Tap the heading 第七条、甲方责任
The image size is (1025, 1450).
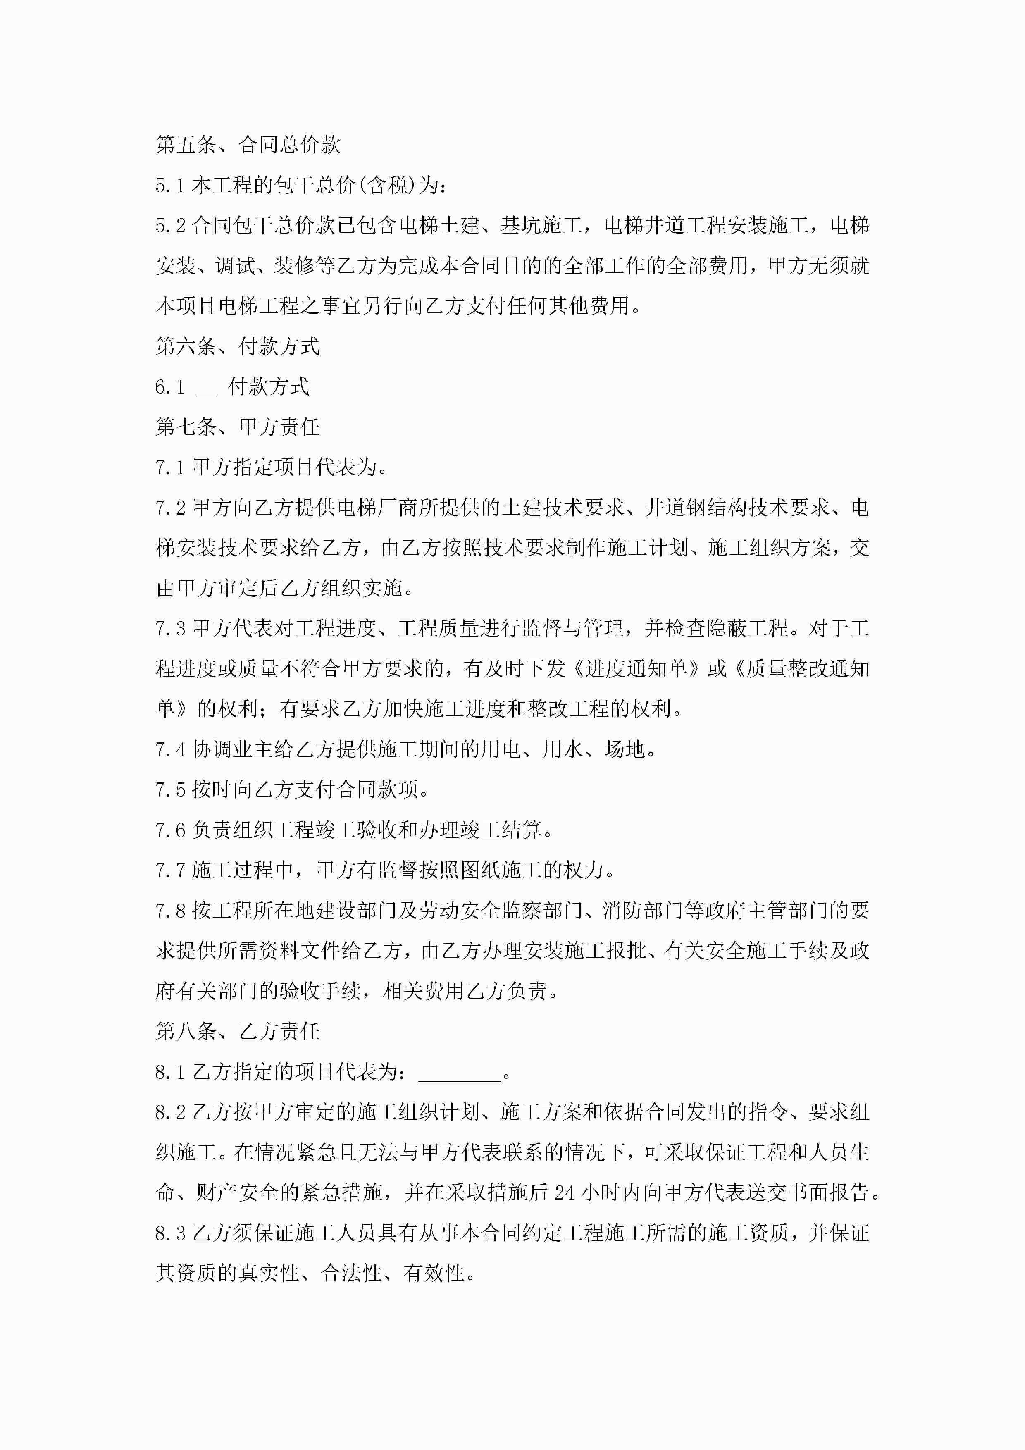pyautogui.click(x=238, y=427)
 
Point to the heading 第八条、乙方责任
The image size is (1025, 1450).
pyautogui.click(x=238, y=1031)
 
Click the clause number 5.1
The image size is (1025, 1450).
pyautogui.click(x=170, y=186)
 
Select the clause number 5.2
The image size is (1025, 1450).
pyautogui.click(x=170, y=226)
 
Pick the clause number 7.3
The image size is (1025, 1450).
pyautogui.click(x=170, y=629)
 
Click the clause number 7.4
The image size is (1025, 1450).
pyautogui.click(x=170, y=750)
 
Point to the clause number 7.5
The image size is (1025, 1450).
pyautogui.click(x=170, y=790)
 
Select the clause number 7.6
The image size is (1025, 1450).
pyautogui.click(x=170, y=830)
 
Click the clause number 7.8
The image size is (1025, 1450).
pyautogui.click(x=170, y=911)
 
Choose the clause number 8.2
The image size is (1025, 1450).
pyautogui.click(x=170, y=1112)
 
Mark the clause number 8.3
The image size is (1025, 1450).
pyautogui.click(x=170, y=1233)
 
